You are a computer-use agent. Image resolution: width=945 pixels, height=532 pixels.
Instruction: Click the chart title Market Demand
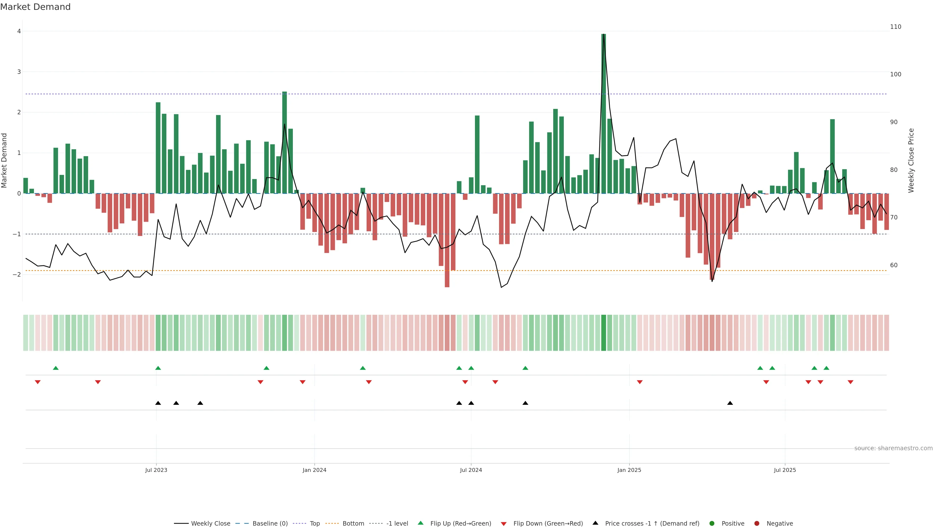[x=35, y=7]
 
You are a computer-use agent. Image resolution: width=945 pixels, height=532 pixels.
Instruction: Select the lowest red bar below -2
[x=447, y=240]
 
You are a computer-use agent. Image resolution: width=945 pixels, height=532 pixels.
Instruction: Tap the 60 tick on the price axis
[x=894, y=265]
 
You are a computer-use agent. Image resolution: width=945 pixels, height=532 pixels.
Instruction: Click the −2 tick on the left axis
[x=17, y=275]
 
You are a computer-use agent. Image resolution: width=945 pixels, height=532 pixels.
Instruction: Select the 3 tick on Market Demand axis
[x=19, y=72]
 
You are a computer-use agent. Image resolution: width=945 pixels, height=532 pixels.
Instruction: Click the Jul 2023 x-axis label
[x=156, y=470]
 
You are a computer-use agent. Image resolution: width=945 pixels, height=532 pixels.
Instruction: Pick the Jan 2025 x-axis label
[x=629, y=470]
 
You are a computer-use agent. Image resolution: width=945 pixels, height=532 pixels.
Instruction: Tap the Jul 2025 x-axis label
[x=785, y=470]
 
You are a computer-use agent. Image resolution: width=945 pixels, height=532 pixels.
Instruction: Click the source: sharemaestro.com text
[x=893, y=448]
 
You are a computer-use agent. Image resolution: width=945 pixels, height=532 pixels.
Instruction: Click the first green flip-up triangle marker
[x=56, y=368]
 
